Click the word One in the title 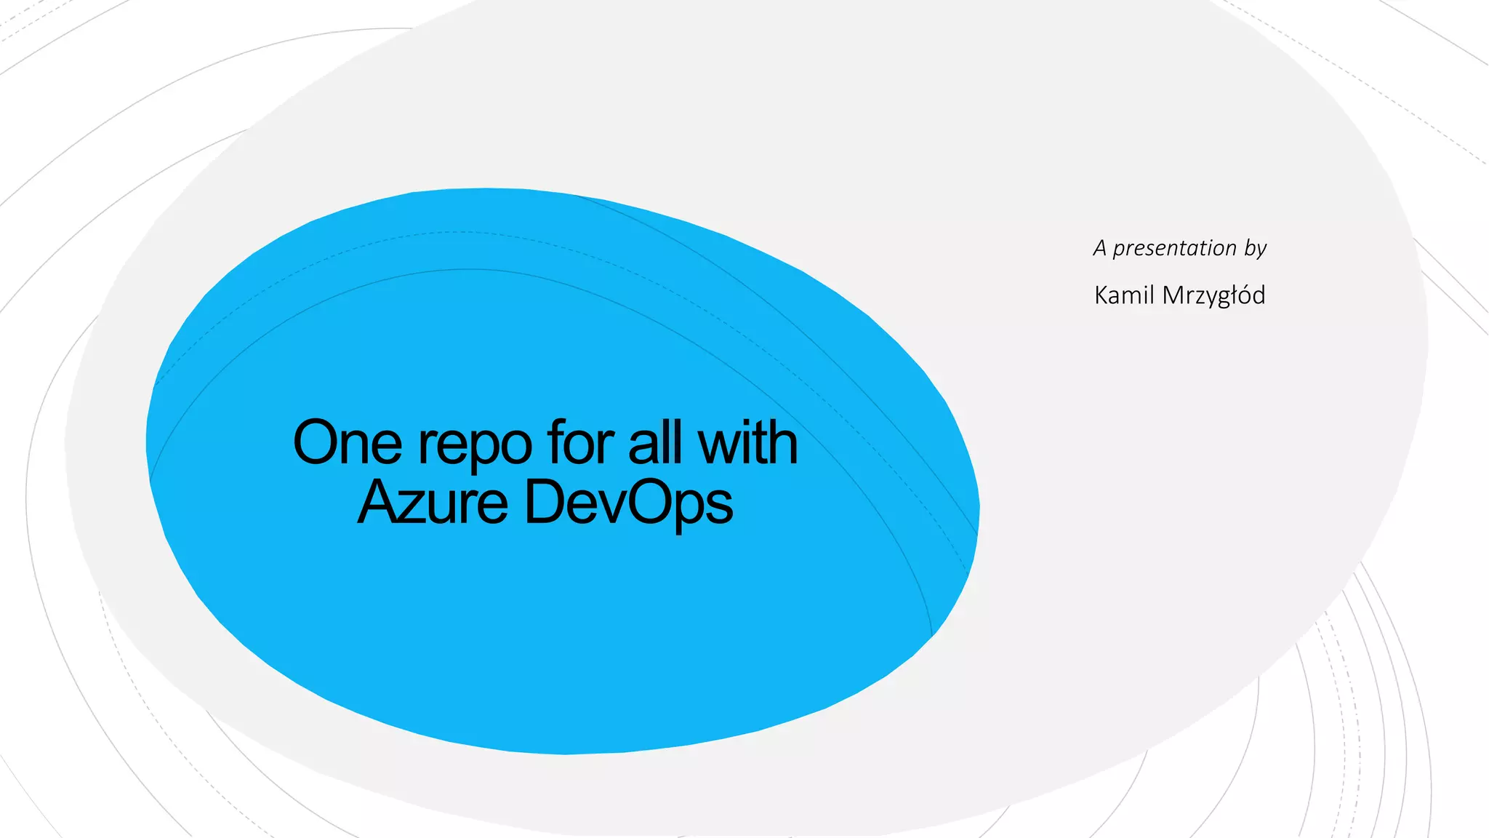click(347, 442)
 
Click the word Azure click(433, 502)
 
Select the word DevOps click(628, 503)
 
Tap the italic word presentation click(1174, 249)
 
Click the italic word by click(1255, 250)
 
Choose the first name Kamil click(1124, 295)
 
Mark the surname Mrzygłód click(1213, 296)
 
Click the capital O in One click(318, 442)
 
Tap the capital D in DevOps click(546, 502)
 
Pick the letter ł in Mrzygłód click(1231, 295)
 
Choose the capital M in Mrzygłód click(1174, 295)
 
